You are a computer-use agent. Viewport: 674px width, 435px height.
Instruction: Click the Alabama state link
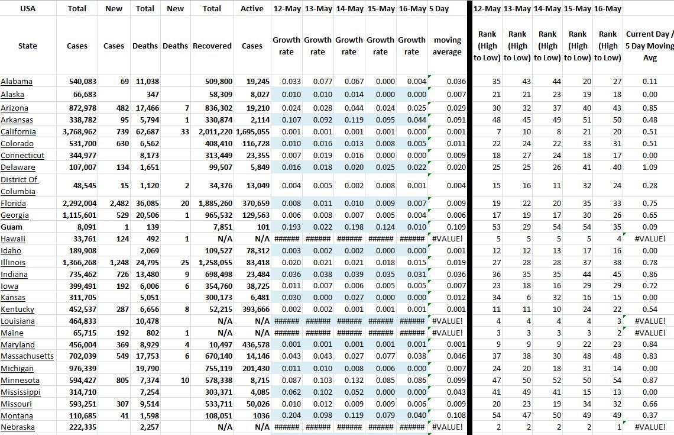click(17, 82)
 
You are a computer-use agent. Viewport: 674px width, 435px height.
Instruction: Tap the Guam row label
click(12, 227)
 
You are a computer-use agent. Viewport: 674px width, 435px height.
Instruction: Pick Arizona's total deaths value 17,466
click(147, 108)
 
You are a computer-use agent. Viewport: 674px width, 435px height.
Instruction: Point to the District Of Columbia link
click(19, 185)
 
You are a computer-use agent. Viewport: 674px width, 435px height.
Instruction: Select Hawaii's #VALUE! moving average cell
click(448, 239)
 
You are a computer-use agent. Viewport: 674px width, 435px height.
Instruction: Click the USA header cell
click(27, 9)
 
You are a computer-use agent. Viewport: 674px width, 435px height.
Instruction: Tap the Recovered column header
click(212, 46)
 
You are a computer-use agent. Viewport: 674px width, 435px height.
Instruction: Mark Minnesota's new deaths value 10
click(184, 381)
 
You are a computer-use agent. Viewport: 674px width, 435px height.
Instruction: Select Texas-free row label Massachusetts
click(27, 356)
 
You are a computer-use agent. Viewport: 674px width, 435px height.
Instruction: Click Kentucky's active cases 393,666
click(255, 310)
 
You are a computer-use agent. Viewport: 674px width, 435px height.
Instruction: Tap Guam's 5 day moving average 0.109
click(455, 227)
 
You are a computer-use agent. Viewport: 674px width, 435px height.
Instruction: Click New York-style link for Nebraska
click(18, 427)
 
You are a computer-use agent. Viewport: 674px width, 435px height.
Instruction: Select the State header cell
click(27, 46)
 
